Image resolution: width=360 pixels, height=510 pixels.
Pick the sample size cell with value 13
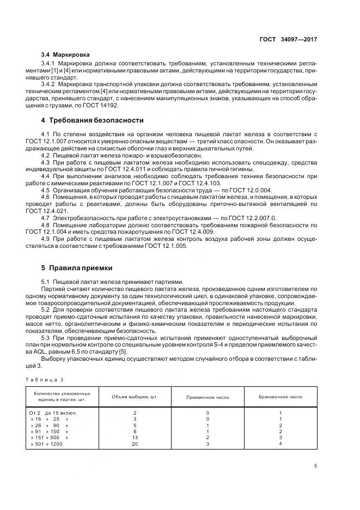click(x=135, y=437)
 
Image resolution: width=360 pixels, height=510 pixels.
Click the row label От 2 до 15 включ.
click(x=53, y=413)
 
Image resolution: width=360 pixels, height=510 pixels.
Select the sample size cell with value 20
click(x=135, y=444)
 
